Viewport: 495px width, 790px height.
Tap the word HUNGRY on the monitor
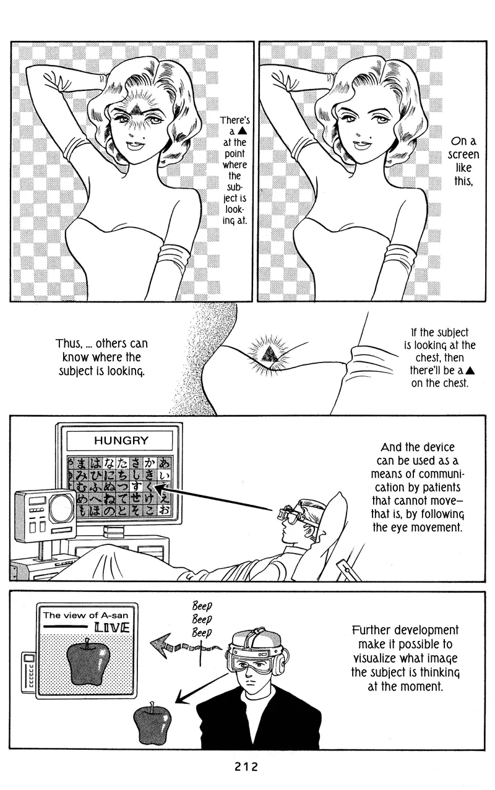(121, 440)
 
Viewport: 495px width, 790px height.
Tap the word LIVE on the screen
(112, 627)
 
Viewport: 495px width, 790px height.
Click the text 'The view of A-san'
(86, 615)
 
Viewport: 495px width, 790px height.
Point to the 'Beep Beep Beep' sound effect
(202, 619)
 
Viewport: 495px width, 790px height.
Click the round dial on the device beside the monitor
(62, 509)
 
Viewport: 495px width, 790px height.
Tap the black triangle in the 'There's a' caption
(243, 132)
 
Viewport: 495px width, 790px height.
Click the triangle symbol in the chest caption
(470, 371)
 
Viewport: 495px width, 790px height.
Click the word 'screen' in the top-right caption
(463, 155)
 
